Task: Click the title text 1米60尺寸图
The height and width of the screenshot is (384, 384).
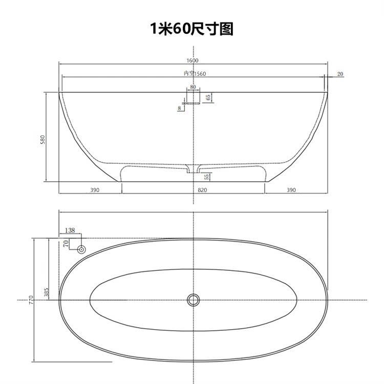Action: pyautogui.click(x=192, y=29)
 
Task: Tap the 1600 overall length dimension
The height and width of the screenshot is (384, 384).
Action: pyautogui.click(x=193, y=60)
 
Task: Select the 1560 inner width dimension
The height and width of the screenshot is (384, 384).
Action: pyautogui.click(x=200, y=74)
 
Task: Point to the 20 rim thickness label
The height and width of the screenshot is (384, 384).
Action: pyautogui.click(x=340, y=74)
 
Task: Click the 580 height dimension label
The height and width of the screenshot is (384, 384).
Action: pyautogui.click(x=42, y=139)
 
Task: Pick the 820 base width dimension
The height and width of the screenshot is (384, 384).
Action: pyautogui.click(x=202, y=190)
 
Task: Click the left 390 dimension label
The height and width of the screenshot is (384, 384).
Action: pyautogui.click(x=95, y=190)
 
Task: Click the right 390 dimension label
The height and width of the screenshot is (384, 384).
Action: pyautogui.click(x=291, y=190)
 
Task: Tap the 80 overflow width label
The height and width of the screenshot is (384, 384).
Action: pyautogui.click(x=193, y=87)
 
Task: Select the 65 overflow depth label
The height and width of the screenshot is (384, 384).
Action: pyautogui.click(x=208, y=97)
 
